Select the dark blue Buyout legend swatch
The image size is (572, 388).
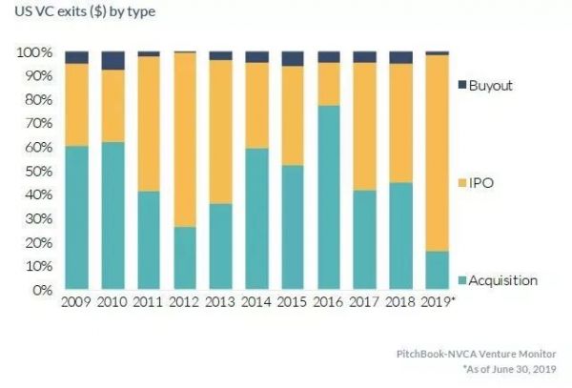point(464,86)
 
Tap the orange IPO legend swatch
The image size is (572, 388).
point(464,180)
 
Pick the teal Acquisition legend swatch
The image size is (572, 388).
point(464,280)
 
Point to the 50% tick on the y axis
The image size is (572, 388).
point(35,171)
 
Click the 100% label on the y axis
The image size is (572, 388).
point(32,52)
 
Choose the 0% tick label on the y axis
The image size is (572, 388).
point(39,290)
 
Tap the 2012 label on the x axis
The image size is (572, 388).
point(185,302)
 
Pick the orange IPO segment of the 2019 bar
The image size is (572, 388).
point(437,153)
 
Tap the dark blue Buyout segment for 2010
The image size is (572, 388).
point(112,60)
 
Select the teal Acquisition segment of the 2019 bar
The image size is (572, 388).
point(437,271)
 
